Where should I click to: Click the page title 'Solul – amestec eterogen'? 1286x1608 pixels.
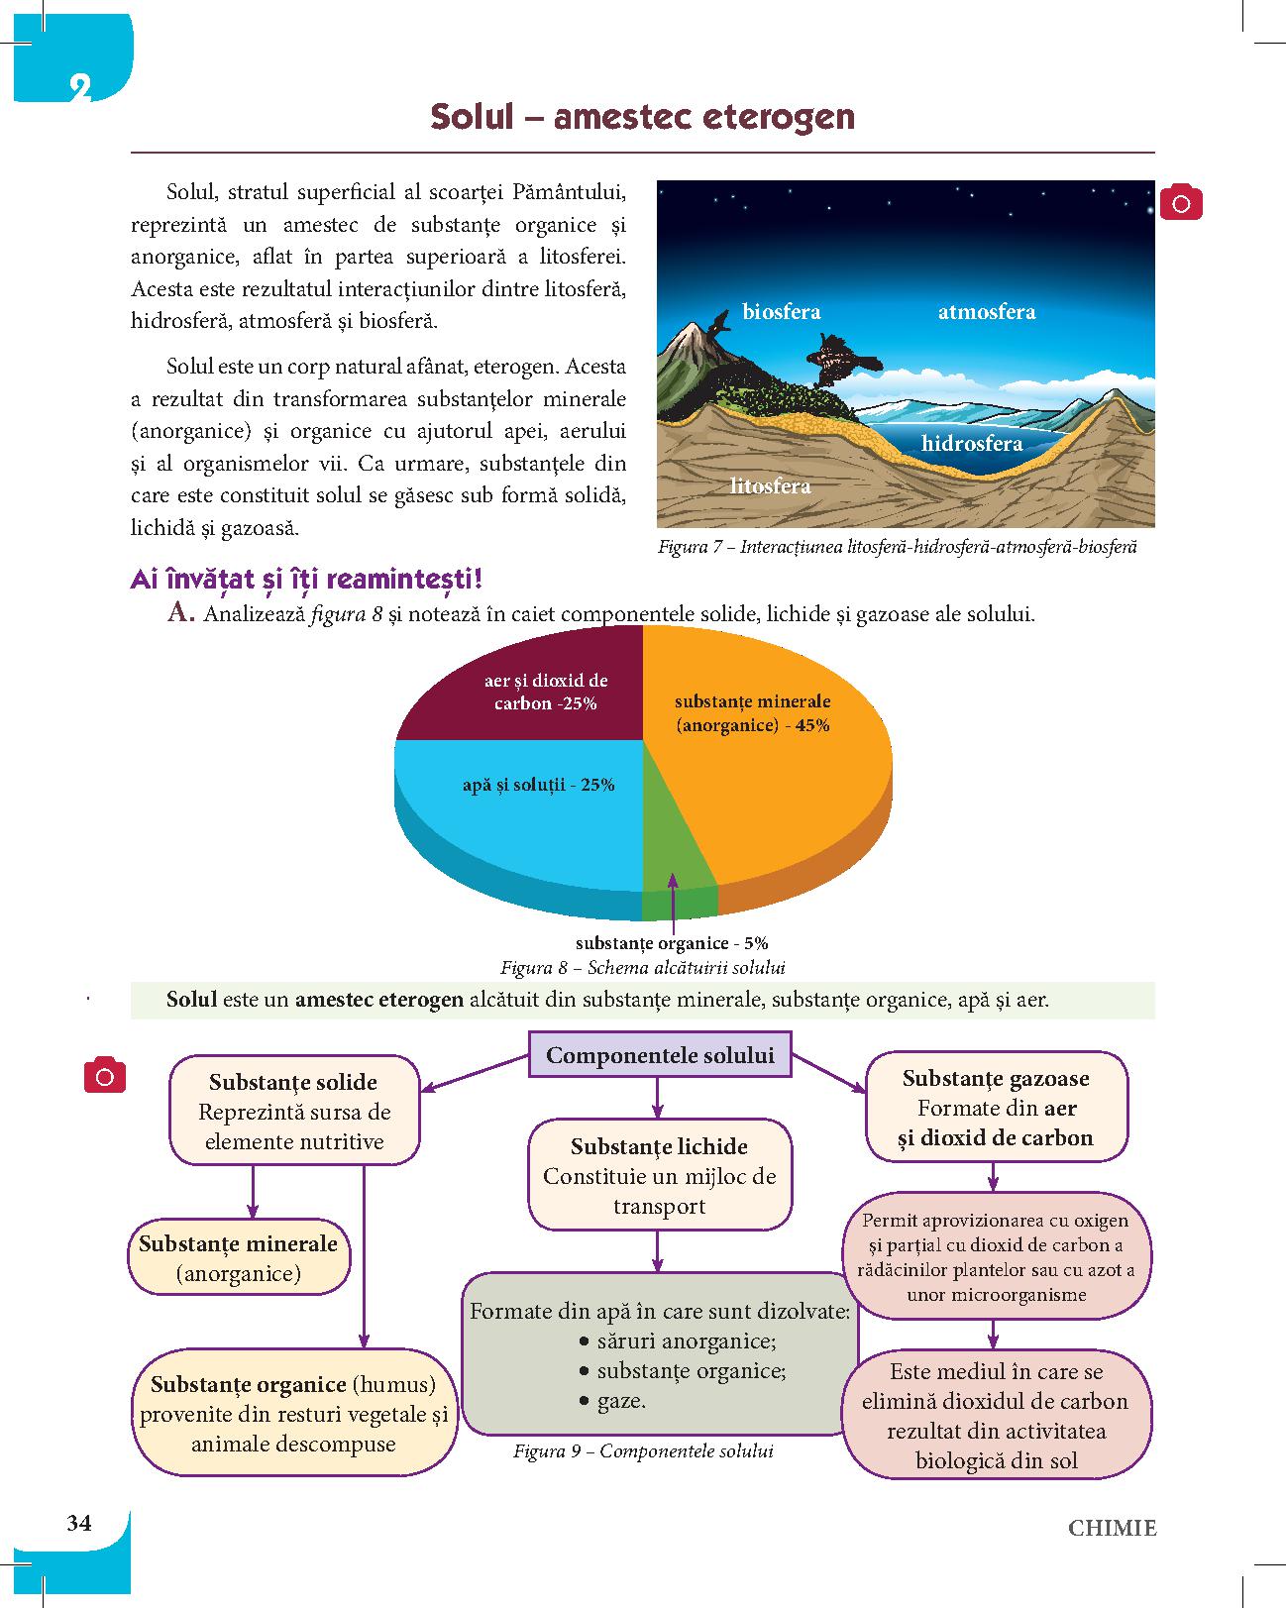642,117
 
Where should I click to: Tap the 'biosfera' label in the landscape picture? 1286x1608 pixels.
781,312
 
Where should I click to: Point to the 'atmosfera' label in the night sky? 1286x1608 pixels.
986,312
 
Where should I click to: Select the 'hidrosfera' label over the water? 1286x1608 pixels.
971,443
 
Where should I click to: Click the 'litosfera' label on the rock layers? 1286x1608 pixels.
770,485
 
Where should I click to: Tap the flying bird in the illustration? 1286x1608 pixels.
842,357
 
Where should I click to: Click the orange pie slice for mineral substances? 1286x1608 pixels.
783,793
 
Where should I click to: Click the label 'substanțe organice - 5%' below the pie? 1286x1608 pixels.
672,943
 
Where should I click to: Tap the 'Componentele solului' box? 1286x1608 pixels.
660,1055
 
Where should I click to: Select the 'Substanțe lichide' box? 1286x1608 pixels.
659,1175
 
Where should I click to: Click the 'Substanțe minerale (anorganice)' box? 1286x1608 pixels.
239,1257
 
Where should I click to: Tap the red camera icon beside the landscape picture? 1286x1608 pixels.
1181,203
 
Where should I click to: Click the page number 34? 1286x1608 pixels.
79,1523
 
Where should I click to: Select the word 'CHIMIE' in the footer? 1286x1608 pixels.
1112,1527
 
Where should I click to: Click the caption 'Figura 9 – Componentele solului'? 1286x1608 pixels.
643,1451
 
